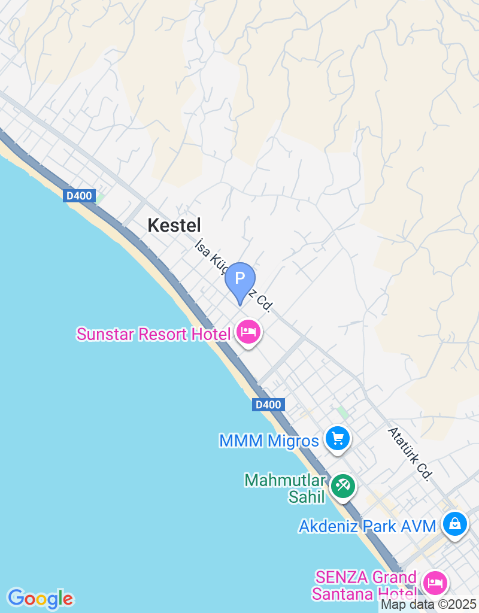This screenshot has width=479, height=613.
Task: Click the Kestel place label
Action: pyautogui.click(x=174, y=225)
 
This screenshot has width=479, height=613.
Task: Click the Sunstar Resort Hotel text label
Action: pyautogui.click(x=153, y=334)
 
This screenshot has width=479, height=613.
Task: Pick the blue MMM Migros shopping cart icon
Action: pyautogui.click(x=338, y=439)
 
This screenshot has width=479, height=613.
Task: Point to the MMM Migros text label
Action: pyautogui.click(x=269, y=441)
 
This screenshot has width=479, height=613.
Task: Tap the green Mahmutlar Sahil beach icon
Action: pyautogui.click(x=342, y=485)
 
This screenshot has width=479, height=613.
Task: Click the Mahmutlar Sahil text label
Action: pyautogui.click(x=285, y=488)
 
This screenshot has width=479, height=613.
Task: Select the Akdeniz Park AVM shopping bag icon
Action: pyautogui.click(x=455, y=524)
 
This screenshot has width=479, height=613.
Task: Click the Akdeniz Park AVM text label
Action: pyautogui.click(x=368, y=527)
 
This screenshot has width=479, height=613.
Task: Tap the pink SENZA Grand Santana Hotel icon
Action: pyautogui.click(x=433, y=582)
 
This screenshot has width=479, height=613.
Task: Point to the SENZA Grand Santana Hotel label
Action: pyautogui.click(x=366, y=585)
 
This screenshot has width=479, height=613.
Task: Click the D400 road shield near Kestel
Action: pyautogui.click(x=80, y=195)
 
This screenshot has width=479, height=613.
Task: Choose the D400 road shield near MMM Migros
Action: pyautogui.click(x=268, y=405)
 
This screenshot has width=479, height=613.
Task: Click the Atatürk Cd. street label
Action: pyautogui.click(x=410, y=454)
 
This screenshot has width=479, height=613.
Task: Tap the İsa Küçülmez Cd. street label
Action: pyautogui.click(x=234, y=275)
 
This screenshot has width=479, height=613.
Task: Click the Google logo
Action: pyautogui.click(x=40, y=598)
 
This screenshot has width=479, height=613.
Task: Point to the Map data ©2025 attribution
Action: pyautogui.click(x=429, y=605)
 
